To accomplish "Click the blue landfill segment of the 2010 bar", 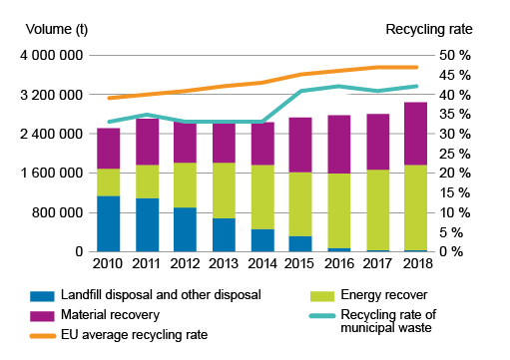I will coord(109,223).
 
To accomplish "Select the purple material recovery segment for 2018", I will coord(416,134).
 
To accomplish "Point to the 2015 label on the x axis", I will coord(300,264).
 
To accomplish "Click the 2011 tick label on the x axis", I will coord(148,264).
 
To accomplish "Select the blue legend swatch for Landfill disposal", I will coord(42,294).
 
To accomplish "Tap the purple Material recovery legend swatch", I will coord(42,315).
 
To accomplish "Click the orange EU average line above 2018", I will coord(416,68).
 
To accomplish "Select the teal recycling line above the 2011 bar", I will coord(148,115).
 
